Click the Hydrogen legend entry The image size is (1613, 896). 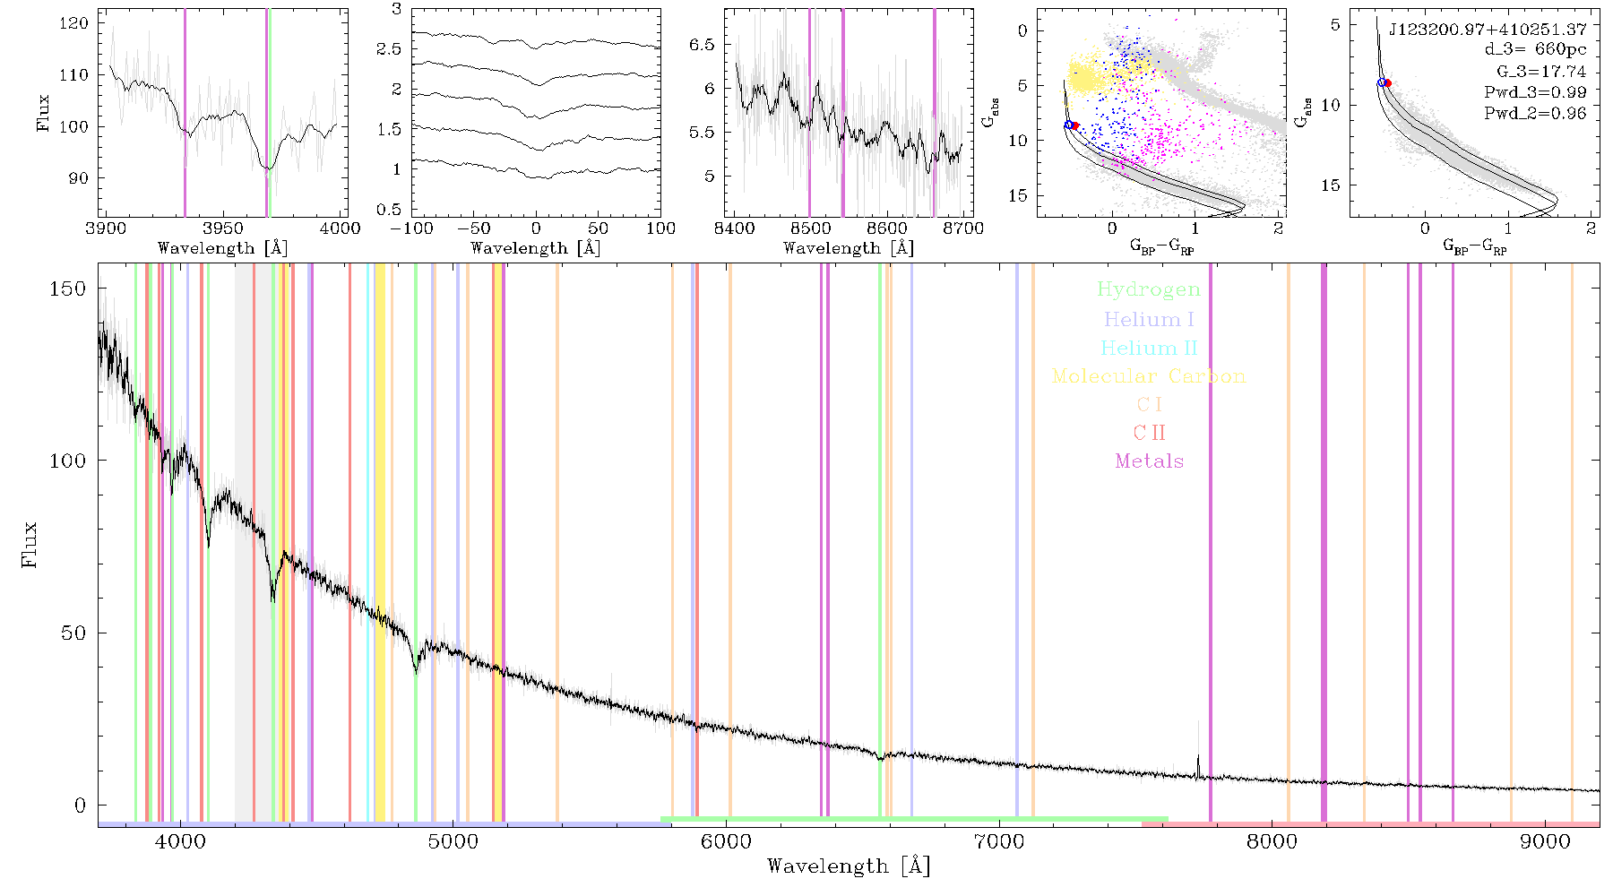tap(1148, 289)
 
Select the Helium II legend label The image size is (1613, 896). tap(1149, 348)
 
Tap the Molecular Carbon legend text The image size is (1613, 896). tap(1149, 376)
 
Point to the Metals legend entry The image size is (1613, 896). tap(1150, 461)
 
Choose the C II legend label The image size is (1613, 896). tap(1149, 433)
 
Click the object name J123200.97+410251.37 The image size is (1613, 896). tap(1488, 30)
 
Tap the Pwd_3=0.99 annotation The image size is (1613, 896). tap(1535, 92)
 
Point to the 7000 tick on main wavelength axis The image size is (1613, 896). tap(998, 841)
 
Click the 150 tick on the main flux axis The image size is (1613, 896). tap(68, 289)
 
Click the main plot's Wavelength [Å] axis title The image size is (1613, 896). tap(849, 866)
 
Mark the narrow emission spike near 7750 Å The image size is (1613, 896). tap(1199, 766)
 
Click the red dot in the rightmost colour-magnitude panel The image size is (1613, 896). tap(1387, 83)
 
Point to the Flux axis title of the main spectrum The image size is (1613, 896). tap(29, 545)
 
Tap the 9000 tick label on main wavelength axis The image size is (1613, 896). tap(1544, 841)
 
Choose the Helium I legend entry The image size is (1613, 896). tap(1149, 319)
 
